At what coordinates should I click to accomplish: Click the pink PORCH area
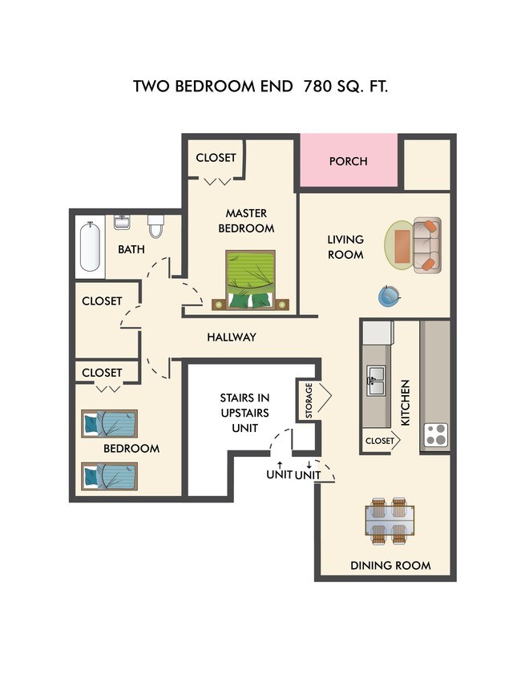pyautogui.click(x=348, y=162)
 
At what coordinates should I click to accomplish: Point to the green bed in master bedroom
pyautogui.click(x=250, y=280)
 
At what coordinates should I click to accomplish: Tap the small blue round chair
pyautogui.click(x=388, y=297)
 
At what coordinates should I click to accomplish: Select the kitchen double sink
pyautogui.click(x=376, y=381)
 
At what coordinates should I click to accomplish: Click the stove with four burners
pyautogui.click(x=435, y=434)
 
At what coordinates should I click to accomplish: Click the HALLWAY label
pyautogui.click(x=232, y=337)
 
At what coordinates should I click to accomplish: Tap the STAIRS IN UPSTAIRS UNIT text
pyautogui.click(x=244, y=413)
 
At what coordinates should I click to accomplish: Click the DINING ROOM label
pyautogui.click(x=390, y=566)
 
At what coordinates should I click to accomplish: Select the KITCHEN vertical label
pyautogui.click(x=406, y=403)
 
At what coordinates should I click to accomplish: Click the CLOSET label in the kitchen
pyautogui.click(x=379, y=441)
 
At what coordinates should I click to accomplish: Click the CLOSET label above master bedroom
pyautogui.click(x=216, y=158)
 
